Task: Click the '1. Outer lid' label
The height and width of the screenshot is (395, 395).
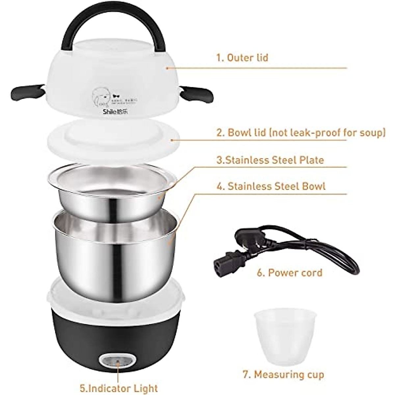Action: click(x=242, y=58)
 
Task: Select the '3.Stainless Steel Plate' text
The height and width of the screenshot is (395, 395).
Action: click(x=270, y=160)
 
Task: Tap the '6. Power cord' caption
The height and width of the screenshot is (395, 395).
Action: click(x=290, y=273)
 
